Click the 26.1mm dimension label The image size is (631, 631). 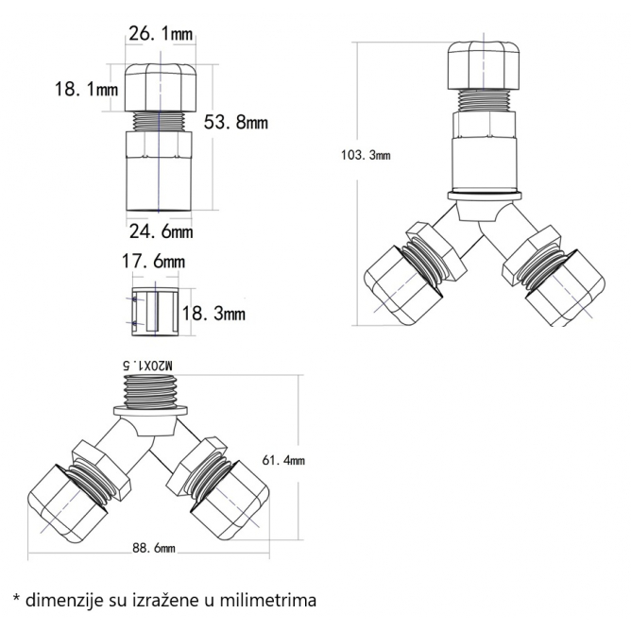coord(161,34)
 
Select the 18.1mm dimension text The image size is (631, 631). coord(87,89)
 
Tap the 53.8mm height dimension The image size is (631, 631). coord(236,122)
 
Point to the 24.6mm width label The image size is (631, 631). coord(161,231)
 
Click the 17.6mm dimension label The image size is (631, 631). coord(153,262)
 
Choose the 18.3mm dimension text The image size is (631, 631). coord(213,314)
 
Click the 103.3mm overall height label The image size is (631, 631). coord(366,155)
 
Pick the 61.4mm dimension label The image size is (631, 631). coord(283,460)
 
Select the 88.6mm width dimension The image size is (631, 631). coord(154,548)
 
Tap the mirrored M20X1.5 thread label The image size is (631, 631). coord(147,366)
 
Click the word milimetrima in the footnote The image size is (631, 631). coord(268,601)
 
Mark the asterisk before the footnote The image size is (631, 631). coord(16,598)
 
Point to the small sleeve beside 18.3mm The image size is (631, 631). coord(155,312)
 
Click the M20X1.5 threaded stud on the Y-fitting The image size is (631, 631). coord(150,391)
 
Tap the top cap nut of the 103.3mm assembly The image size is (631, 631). coord(484,65)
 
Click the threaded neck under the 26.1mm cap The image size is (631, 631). coord(159,122)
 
